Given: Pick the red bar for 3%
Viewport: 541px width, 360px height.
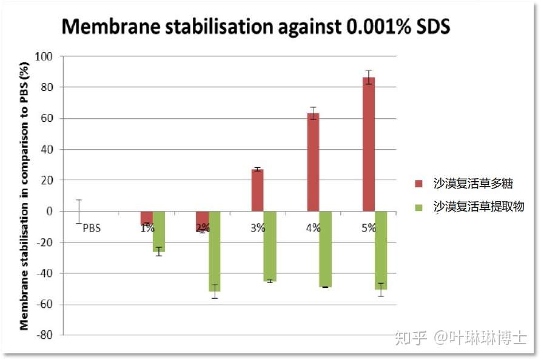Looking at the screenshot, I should pos(258,190).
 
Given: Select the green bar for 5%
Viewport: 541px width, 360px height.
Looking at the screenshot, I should pos(381,250).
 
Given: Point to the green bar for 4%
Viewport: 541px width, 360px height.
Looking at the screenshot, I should pos(326,249).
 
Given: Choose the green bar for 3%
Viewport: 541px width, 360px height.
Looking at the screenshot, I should pos(270,246).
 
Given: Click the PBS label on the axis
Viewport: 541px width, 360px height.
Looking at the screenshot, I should pos(92,228).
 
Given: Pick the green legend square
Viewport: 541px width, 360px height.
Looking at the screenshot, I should pos(418,207).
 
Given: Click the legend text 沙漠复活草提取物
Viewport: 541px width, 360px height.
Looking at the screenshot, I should pos(479,207).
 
